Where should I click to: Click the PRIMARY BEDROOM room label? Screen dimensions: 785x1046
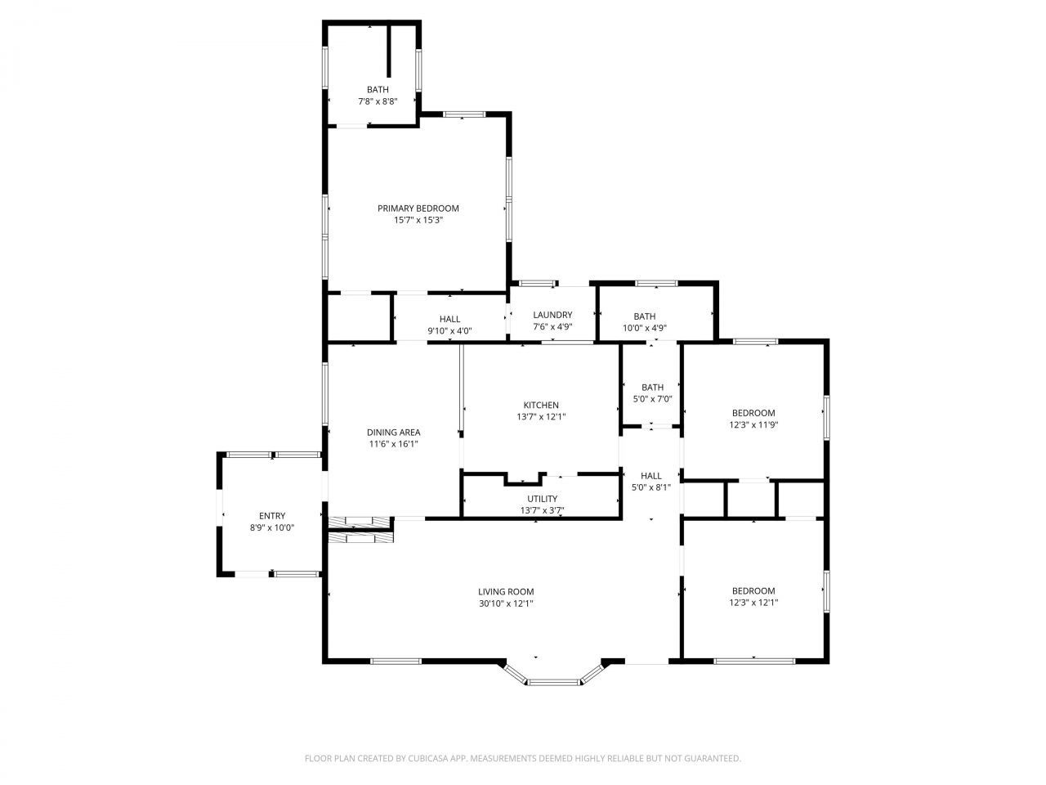coord(418,209)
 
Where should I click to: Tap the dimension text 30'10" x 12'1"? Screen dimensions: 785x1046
coord(506,604)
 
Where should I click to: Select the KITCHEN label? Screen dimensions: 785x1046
coord(541,406)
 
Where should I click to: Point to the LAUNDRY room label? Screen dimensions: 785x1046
coord(552,316)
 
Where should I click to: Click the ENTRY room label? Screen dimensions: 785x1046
coord(272,516)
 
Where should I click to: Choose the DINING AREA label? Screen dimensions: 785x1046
coord(393,433)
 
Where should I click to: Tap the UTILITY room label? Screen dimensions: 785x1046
coord(542,499)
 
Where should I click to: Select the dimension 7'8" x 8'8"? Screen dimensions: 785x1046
coord(378,102)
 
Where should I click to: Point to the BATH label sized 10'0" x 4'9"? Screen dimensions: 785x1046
coord(645,316)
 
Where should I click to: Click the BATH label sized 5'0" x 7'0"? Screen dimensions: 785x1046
coord(652,388)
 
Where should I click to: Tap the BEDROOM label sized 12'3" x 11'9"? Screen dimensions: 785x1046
coord(753,414)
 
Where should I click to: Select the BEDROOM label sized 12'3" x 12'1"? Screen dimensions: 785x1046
coord(753,591)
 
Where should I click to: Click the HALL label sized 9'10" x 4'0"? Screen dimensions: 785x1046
coord(449,320)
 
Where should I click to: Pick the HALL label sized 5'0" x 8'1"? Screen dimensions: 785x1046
coord(651,476)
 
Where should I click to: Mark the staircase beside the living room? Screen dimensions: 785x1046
coord(360,529)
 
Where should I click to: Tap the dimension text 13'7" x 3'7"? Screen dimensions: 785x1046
coord(542,511)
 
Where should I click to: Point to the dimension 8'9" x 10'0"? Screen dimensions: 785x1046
coord(272,528)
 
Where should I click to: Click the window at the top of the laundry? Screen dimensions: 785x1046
coord(539,284)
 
